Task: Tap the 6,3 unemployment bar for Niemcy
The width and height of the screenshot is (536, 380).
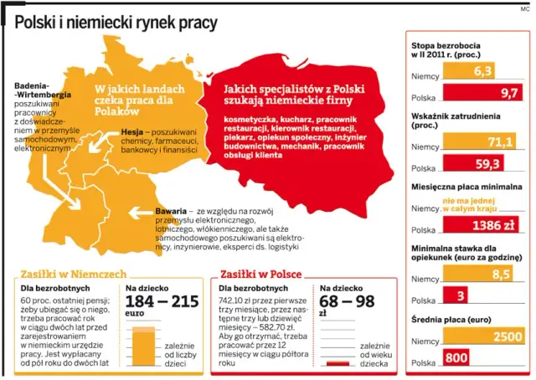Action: (x=469, y=72)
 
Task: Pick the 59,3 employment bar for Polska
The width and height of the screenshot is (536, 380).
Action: (x=473, y=164)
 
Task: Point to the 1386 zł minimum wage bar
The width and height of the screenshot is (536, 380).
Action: (x=473, y=226)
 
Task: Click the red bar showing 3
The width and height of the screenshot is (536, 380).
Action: (x=461, y=295)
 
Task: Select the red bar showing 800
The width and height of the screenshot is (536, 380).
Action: (x=456, y=359)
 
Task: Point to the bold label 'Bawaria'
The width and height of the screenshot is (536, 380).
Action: (x=171, y=210)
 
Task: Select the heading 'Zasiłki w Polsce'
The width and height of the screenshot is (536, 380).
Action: (x=261, y=274)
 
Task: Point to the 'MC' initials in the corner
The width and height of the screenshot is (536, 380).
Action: (x=525, y=8)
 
